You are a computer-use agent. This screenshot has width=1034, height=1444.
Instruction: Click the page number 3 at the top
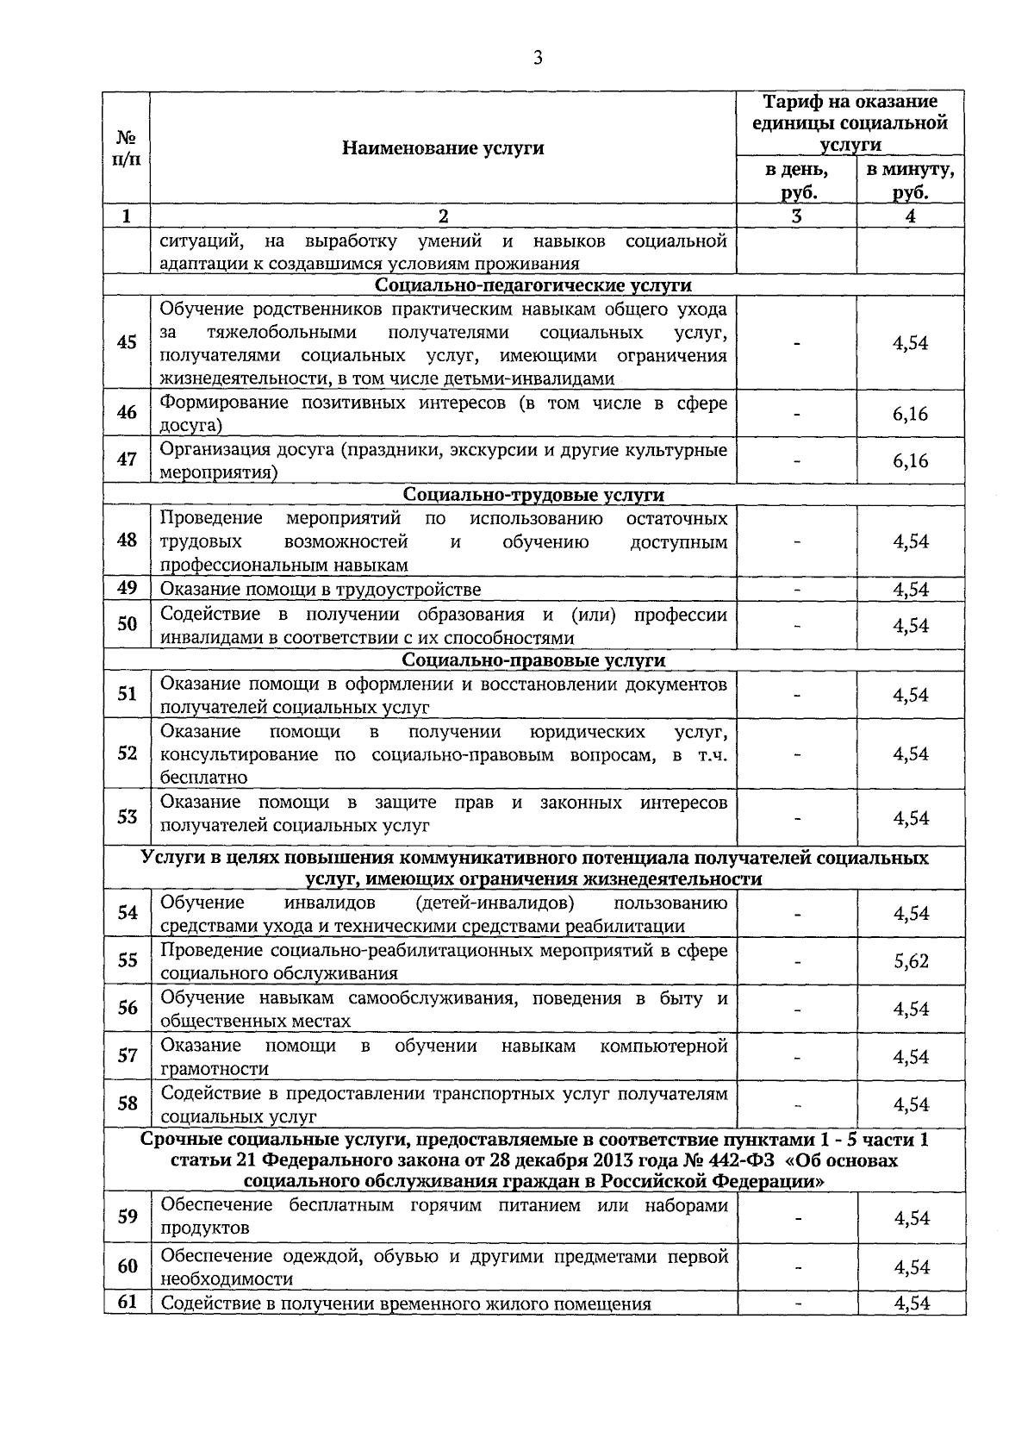[x=538, y=59]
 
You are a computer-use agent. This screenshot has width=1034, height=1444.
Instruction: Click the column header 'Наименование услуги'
[x=443, y=148]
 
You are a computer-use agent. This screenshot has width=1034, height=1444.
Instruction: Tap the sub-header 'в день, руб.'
[x=796, y=180]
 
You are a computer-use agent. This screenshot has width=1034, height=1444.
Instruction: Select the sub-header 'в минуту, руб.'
[x=911, y=180]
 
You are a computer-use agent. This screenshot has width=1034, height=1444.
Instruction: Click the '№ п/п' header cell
[x=127, y=148]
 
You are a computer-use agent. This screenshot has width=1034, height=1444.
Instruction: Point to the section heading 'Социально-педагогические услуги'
[x=534, y=285]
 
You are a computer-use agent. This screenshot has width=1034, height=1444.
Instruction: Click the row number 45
[x=127, y=342]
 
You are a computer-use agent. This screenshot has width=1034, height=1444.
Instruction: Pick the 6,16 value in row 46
[x=911, y=414]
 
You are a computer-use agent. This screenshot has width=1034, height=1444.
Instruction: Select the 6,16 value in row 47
[x=911, y=461]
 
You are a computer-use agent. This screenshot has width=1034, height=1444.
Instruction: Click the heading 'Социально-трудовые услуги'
[x=534, y=495]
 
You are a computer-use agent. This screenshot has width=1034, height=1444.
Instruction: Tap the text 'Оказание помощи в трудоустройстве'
[x=321, y=590]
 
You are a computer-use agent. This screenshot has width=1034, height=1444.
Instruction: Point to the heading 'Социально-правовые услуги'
[x=534, y=660]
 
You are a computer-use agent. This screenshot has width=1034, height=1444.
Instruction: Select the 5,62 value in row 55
[x=911, y=961]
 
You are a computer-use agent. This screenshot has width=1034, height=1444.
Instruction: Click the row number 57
[x=127, y=1055]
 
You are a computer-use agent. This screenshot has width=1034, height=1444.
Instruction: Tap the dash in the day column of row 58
[x=798, y=1104]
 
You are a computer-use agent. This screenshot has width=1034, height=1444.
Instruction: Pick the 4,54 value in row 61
[x=911, y=1303]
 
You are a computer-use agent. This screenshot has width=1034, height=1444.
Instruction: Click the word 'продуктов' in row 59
[x=205, y=1228]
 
